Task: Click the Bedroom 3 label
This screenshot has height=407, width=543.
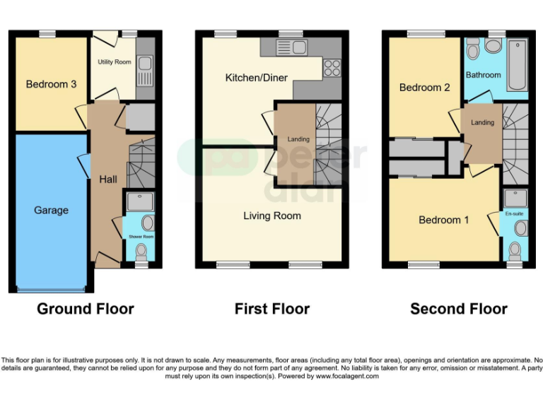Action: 52,85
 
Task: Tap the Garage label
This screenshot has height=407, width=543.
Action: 52,210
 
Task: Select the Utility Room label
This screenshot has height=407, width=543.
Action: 114,62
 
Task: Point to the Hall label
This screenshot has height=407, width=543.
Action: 108,179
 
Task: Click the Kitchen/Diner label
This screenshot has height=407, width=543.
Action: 256,77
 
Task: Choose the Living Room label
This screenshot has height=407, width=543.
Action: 272,216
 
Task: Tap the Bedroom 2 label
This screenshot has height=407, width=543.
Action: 424,88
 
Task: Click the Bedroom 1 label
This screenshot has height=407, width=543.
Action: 443,220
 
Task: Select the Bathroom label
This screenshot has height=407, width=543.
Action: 484,75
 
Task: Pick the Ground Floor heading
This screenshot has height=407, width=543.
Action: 85,309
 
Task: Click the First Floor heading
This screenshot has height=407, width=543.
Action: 272,309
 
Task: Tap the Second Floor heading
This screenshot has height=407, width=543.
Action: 459,309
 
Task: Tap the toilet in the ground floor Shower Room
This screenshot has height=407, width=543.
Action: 141,250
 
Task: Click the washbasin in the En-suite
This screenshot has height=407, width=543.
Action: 520,228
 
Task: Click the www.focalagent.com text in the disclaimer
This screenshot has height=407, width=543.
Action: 347,377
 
